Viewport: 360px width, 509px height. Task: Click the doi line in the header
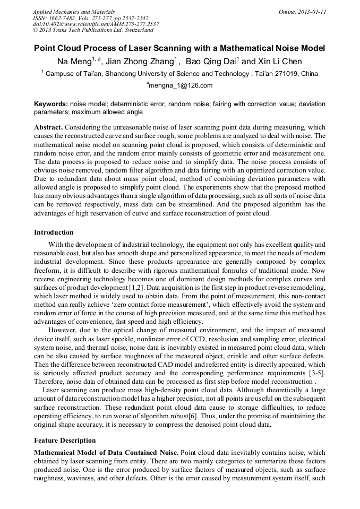coord(96,24)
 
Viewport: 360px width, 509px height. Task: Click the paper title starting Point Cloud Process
coord(179,48)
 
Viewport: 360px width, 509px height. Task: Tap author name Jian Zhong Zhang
coord(140,62)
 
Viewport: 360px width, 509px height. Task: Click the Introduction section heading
coord(54,232)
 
